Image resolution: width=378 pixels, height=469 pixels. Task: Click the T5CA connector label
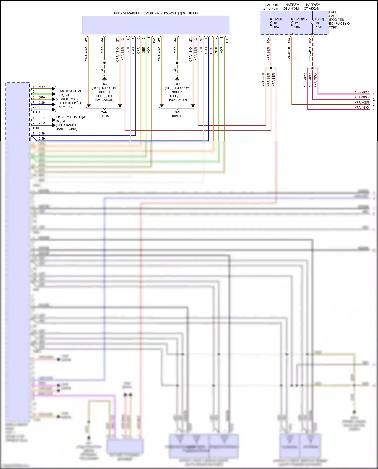point(36,112)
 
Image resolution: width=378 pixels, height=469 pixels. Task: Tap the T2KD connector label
point(36,128)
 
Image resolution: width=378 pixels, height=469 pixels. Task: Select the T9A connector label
point(154,40)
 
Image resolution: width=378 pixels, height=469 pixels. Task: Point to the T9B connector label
point(227,40)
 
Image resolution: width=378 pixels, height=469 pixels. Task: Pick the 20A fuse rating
point(297,27)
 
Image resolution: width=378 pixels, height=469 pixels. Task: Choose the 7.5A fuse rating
point(318,27)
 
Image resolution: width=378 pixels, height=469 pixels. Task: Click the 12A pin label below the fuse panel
point(289,40)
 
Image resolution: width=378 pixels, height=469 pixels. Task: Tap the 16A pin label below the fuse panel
point(310,40)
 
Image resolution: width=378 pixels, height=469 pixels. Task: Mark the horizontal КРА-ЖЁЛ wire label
point(361,102)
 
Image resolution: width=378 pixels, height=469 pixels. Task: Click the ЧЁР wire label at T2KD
point(42,123)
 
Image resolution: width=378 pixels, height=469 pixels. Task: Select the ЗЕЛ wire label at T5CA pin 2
point(41,92)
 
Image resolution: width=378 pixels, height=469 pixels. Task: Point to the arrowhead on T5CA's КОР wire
point(54,88)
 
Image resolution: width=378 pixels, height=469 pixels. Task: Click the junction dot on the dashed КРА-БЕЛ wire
point(271,68)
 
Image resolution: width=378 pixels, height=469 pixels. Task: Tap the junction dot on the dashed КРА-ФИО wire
point(312,68)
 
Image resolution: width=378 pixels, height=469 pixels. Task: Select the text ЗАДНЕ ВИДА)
point(67,129)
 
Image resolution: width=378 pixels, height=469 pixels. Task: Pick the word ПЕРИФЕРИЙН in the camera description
point(70,103)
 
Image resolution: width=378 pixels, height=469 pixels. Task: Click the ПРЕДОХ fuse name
point(301,19)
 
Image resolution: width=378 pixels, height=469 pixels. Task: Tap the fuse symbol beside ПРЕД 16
point(313,22)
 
